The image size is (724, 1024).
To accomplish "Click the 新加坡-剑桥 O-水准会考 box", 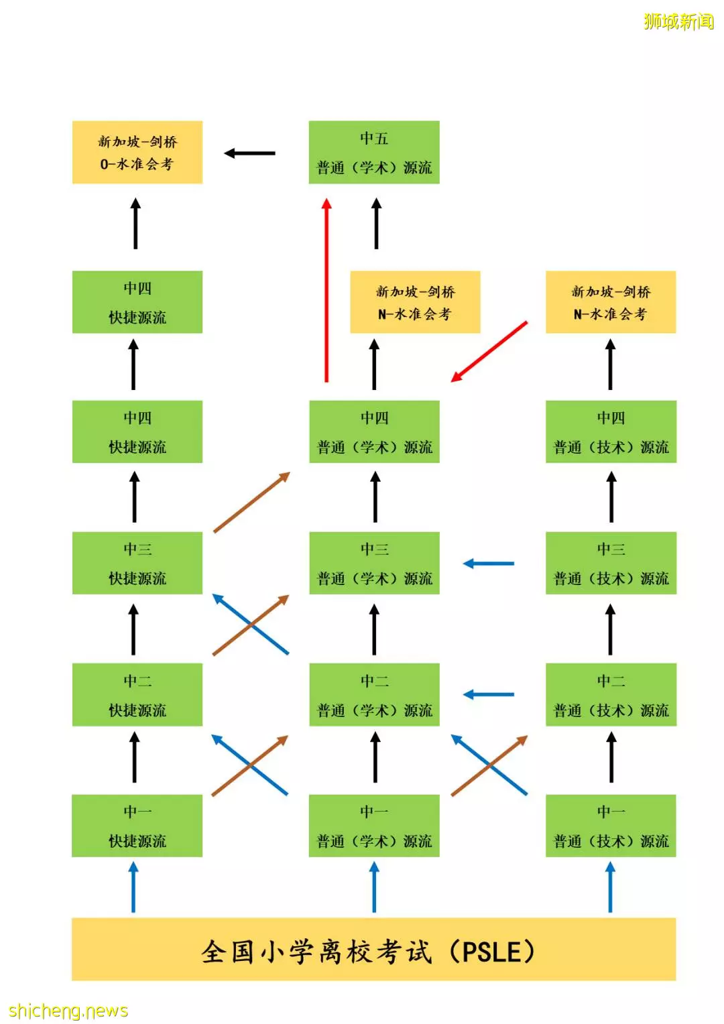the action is tap(137, 152).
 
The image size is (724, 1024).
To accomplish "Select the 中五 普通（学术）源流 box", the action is tap(374, 152).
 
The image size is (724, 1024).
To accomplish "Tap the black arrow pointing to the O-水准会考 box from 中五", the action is tap(250, 153).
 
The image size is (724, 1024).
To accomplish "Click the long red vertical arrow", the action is tap(326, 290).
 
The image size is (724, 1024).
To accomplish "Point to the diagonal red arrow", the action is tap(489, 351).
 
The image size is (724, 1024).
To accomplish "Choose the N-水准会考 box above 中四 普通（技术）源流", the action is tap(611, 302).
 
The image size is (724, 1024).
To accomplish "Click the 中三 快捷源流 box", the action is tap(137, 563).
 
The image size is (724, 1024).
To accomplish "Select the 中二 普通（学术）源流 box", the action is tap(374, 694).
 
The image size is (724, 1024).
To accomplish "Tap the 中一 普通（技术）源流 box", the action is tap(611, 826).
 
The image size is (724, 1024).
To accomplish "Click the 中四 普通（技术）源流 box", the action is tap(611, 432).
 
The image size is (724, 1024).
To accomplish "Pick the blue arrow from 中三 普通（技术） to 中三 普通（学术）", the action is tap(489, 564).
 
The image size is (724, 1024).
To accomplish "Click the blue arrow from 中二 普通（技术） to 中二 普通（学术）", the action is tap(489, 695).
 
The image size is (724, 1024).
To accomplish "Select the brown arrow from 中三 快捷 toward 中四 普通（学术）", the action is tap(251, 503).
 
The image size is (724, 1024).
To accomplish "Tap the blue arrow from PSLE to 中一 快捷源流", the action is tap(133, 887).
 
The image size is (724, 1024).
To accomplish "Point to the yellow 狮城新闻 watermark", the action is tap(678, 21).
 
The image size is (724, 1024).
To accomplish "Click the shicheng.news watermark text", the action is tap(68, 1010).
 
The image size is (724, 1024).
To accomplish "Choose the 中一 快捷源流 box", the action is tap(137, 826).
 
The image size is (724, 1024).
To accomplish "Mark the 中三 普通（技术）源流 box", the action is tap(611, 563).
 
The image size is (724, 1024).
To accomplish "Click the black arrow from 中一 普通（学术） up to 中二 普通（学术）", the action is tap(375, 757).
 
